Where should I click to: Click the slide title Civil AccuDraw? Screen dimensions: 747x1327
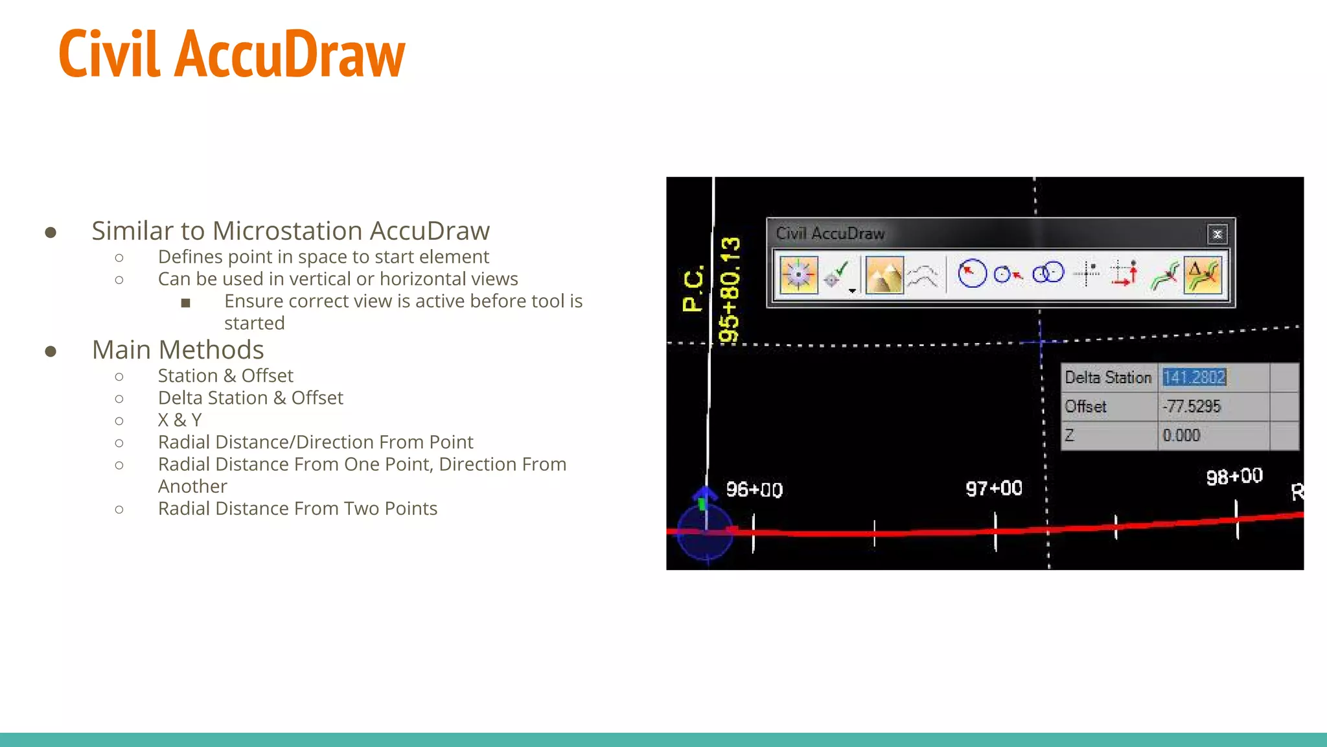coord(231,54)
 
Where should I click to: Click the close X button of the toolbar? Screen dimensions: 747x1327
coord(1217,234)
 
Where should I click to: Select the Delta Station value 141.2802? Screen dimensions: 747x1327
coord(1194,377)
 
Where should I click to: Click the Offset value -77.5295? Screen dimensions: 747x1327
coord(1191,407)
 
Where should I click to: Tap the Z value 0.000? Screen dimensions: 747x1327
coord(1181,436)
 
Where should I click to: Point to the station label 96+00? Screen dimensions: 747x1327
coord(754,490)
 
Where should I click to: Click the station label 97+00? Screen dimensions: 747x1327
coord(993,488)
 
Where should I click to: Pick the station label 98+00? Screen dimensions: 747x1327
coord(1234,477)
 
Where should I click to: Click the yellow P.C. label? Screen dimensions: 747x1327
coord(693,288)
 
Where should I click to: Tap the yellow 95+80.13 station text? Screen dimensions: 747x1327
coord(730,289)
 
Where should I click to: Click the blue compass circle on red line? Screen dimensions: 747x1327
coord(706,532)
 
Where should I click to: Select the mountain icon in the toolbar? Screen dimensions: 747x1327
coord(884,275)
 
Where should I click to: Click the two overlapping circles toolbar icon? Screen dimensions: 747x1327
coord(1048,273)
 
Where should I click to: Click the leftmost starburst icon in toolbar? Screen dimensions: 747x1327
coord(798,275)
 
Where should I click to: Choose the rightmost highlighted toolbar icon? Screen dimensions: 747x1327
coord(1203,275)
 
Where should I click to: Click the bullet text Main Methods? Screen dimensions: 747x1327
coord(178,350)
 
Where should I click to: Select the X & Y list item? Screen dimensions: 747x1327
coord(179,420)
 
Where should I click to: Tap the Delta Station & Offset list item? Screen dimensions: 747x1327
coord(250,398)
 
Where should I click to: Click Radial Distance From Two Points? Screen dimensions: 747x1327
coord(297,509)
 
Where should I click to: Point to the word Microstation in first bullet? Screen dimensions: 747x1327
coord(288,231)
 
